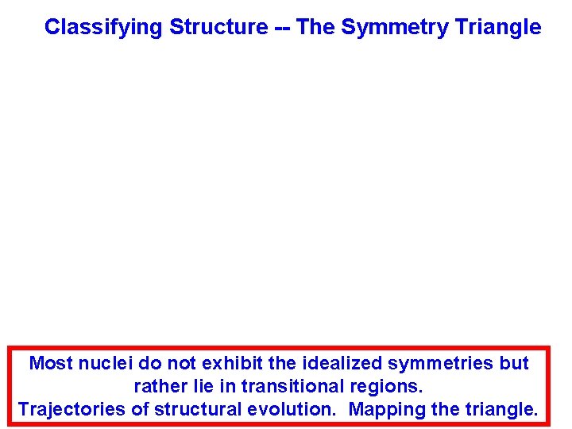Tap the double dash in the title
tap(282, 28)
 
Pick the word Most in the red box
tap(50, 364)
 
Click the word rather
tap(157, 387)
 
